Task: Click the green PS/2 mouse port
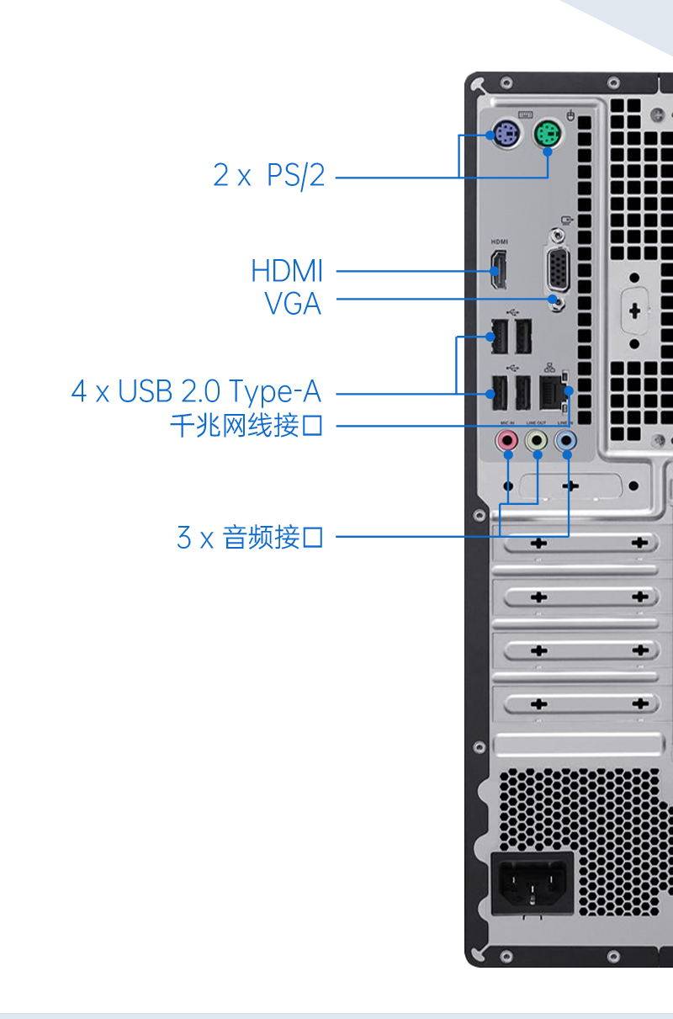pyautogui.click(x=548, y=132)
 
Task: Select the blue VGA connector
pyautogui.click(x=557, y=271)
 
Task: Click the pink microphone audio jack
pyautogui.click(x=507, y=439)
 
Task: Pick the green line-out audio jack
pyautogui.click(x=537, y=439)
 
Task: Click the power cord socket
pyautogui.click(x=532, y=882)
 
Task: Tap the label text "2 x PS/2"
pyautogui.click(x=268, y=176)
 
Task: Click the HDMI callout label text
pyautogui.click(x=287, y=271)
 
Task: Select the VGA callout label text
pyautogui.click(x=293, y=303)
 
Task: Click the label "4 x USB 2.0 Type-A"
pyautogui.click(x=196, y=391)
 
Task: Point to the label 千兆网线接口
pyautogui.click(x=246, y=426)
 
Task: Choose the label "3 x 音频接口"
pyautogui.click(x=250, y=536)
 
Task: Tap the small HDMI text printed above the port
pyautogui.click(x=500, y=241)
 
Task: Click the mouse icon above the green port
pyautogui.click(x=571, y=114)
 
